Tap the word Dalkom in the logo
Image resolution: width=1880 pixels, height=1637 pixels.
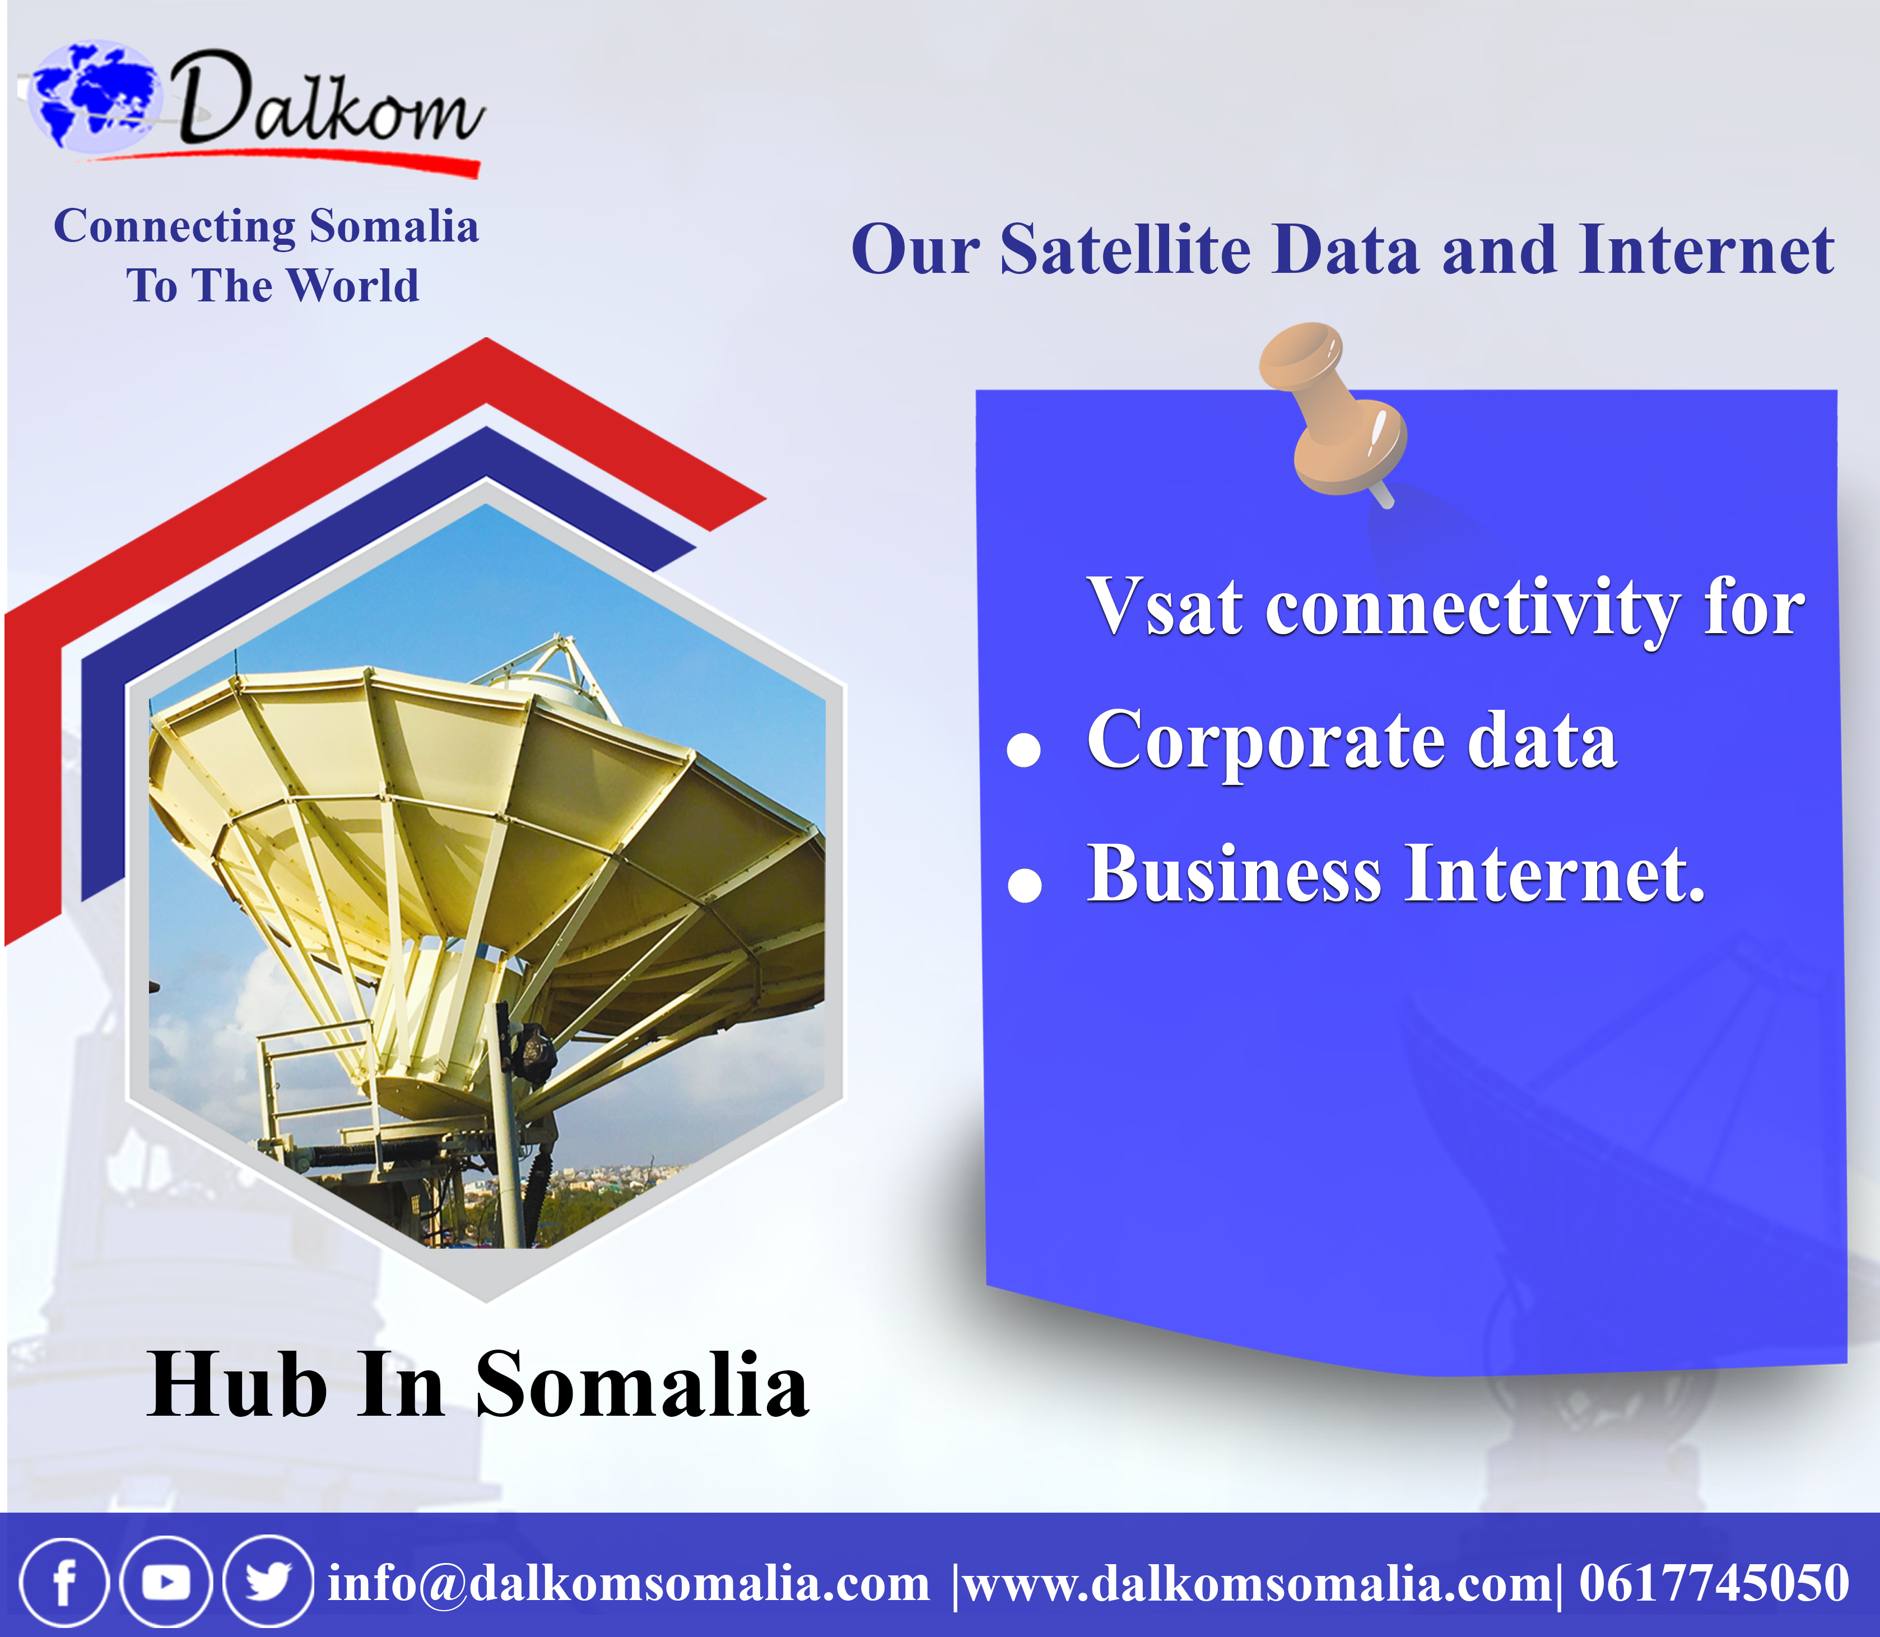[x=329, y=99]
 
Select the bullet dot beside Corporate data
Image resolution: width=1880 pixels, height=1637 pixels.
[x=1024, y=750]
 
